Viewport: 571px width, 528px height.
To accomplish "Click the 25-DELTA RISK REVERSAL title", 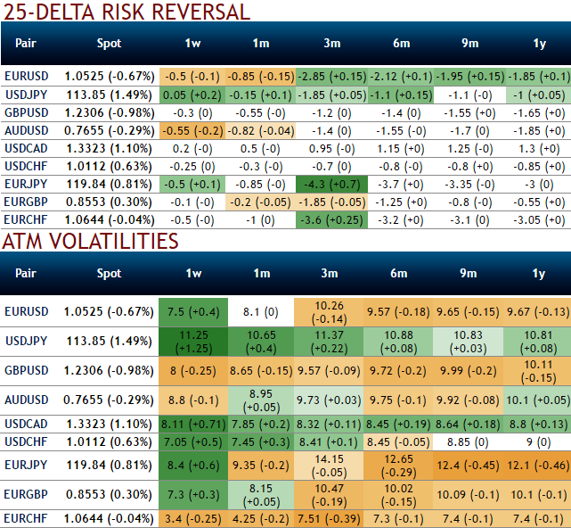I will coord(126,12).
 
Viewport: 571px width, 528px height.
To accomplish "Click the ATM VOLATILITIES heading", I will coord(90,241).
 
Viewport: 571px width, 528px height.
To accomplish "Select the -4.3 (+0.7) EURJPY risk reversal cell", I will coord(330,184).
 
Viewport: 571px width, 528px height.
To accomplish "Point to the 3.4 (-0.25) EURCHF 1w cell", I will coord(193,517).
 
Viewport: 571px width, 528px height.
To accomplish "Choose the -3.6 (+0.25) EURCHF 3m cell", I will coord(330,219).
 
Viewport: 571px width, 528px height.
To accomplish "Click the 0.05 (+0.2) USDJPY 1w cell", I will coord(193,95).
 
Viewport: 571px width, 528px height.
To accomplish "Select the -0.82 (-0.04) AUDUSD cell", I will coord(261,130).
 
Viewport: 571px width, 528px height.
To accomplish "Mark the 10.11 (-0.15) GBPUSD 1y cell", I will coord(537,371).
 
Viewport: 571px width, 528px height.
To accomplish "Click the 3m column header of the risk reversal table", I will coord(330,43).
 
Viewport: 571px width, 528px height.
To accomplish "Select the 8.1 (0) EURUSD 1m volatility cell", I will coord(261,312).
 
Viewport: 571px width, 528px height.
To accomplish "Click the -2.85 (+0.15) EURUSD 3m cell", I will coord(330,77).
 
